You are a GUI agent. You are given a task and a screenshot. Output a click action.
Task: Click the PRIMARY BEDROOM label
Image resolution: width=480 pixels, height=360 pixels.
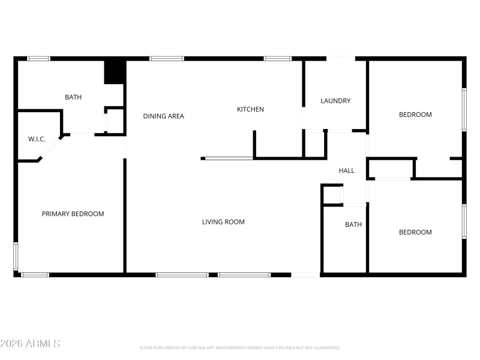click(x=73, y=214)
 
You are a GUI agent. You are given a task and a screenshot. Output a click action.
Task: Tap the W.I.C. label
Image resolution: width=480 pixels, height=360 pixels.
click(x=37, y=139)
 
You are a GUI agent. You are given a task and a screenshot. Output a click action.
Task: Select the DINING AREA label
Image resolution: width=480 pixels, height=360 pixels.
click(x=163, y=116)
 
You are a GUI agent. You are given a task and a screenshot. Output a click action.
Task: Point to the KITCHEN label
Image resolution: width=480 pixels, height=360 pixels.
click(x=250, y=109)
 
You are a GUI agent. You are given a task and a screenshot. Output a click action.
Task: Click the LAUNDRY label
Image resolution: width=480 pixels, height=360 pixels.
click(x=335, y=101)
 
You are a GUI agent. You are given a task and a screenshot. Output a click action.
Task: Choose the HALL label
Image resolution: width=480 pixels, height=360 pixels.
click(x=346, y=171)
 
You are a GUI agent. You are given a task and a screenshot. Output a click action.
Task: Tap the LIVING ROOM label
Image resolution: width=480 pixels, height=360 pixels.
click(x=223, y=222)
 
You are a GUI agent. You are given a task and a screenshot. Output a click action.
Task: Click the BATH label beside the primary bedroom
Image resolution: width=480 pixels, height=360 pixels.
click(x=73, y=97)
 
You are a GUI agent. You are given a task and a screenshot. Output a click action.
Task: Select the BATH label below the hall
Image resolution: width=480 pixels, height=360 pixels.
click(x=353, y=225)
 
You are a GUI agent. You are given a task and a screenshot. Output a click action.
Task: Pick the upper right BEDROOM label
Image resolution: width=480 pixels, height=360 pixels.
click(x=415, y=115)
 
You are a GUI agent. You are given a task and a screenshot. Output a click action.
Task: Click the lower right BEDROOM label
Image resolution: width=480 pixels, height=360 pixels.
click(x=415, y=232)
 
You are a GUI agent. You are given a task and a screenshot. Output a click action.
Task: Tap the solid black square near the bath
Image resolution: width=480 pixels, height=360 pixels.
click(x=114, y=73)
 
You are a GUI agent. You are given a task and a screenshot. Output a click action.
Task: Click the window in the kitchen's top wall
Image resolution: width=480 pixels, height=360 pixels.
click(x=277, y=59)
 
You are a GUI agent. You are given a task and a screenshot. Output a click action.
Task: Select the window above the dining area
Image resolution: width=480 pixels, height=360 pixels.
click(x=166, y=59)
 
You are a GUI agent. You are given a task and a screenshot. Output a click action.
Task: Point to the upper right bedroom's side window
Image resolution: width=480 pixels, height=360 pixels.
click(x=464, y=110)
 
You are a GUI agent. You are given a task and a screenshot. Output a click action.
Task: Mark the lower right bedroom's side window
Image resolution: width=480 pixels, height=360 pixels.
click(x=464, y=222)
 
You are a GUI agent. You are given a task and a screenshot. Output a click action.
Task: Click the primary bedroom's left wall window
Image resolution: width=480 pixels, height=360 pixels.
click(x=16, y=257)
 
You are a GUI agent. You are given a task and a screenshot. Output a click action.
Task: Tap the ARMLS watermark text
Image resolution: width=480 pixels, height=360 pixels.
click(x=30, y=344)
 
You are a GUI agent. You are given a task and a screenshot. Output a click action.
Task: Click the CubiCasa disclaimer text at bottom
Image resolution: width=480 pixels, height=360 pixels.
click(x=240, y=347)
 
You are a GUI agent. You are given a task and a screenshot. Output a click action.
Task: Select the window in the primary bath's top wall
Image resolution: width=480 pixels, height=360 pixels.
click(x=38, y=59)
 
